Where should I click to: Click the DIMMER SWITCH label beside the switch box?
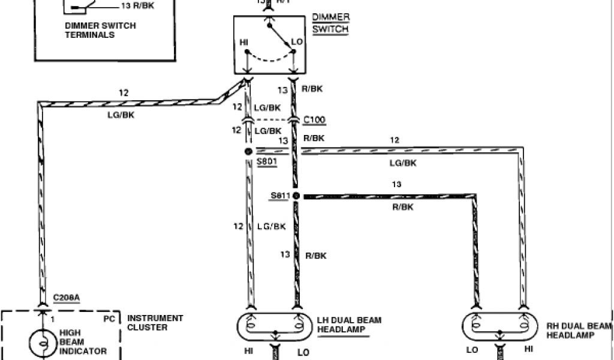330,23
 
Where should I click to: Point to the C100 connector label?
314,119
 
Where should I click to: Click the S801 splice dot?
247,151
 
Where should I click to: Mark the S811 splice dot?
296,196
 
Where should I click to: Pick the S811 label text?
279,196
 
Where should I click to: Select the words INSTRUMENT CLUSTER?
155,323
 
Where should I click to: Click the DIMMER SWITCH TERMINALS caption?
101,30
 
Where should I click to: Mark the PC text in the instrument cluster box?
109,319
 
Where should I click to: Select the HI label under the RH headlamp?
528,348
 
